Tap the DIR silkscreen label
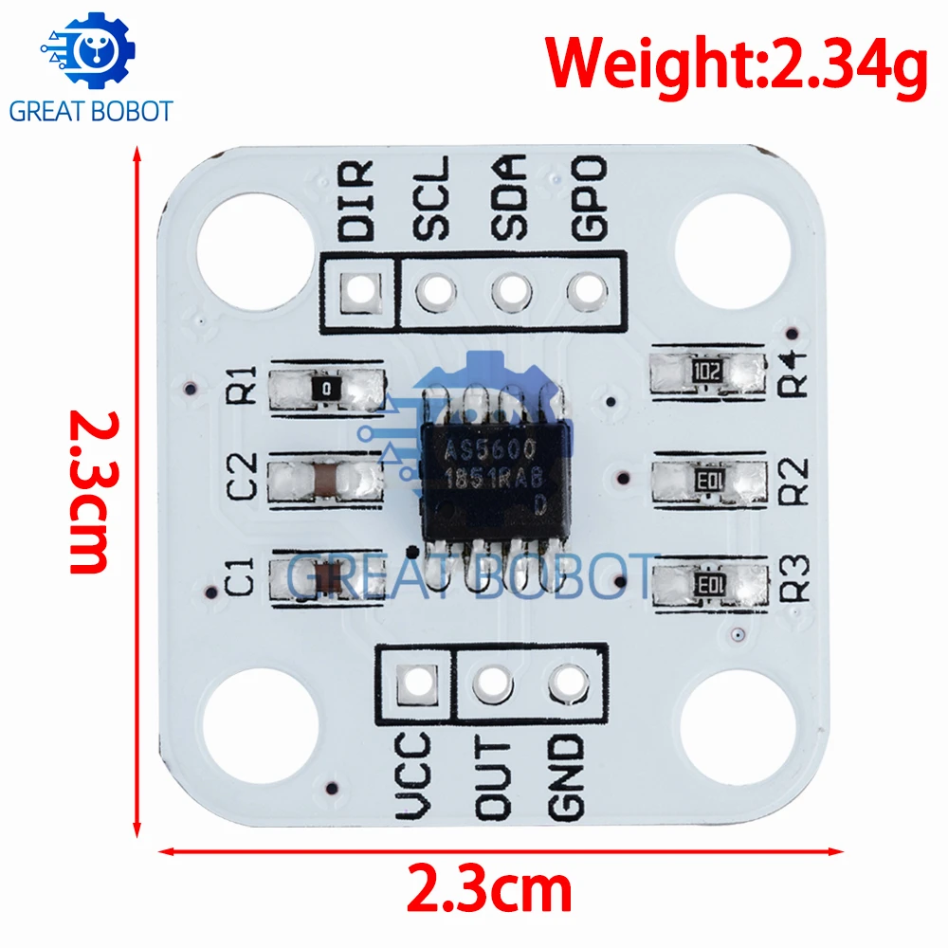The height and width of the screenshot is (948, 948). point(355,200)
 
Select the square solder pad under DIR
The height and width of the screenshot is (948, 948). point(360,293)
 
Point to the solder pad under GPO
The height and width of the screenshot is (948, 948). point(587,291)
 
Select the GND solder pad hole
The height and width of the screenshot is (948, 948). point(568,684)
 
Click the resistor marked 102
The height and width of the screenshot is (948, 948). point(707,372)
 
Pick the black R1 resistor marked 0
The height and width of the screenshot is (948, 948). point(327,389)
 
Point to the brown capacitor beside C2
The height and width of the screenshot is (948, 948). point(327,480)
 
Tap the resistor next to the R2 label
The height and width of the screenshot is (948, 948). point(709,482)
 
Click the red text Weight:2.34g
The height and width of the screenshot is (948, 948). point(736,63)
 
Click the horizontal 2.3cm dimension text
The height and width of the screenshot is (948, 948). point(488,889)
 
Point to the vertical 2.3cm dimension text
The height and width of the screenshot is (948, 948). point(91,491)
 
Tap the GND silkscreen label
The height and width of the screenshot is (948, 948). point(566,778)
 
